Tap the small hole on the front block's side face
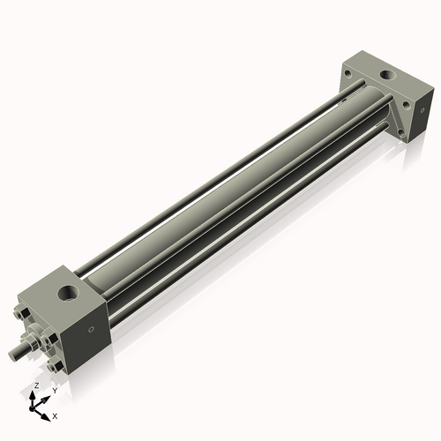tap(91, 333)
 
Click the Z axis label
tap(34, 386)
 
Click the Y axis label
tap(54, 390)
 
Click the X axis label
tap(56, 415)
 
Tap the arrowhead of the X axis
tap(48, 413)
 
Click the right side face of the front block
tap(88, 331)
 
